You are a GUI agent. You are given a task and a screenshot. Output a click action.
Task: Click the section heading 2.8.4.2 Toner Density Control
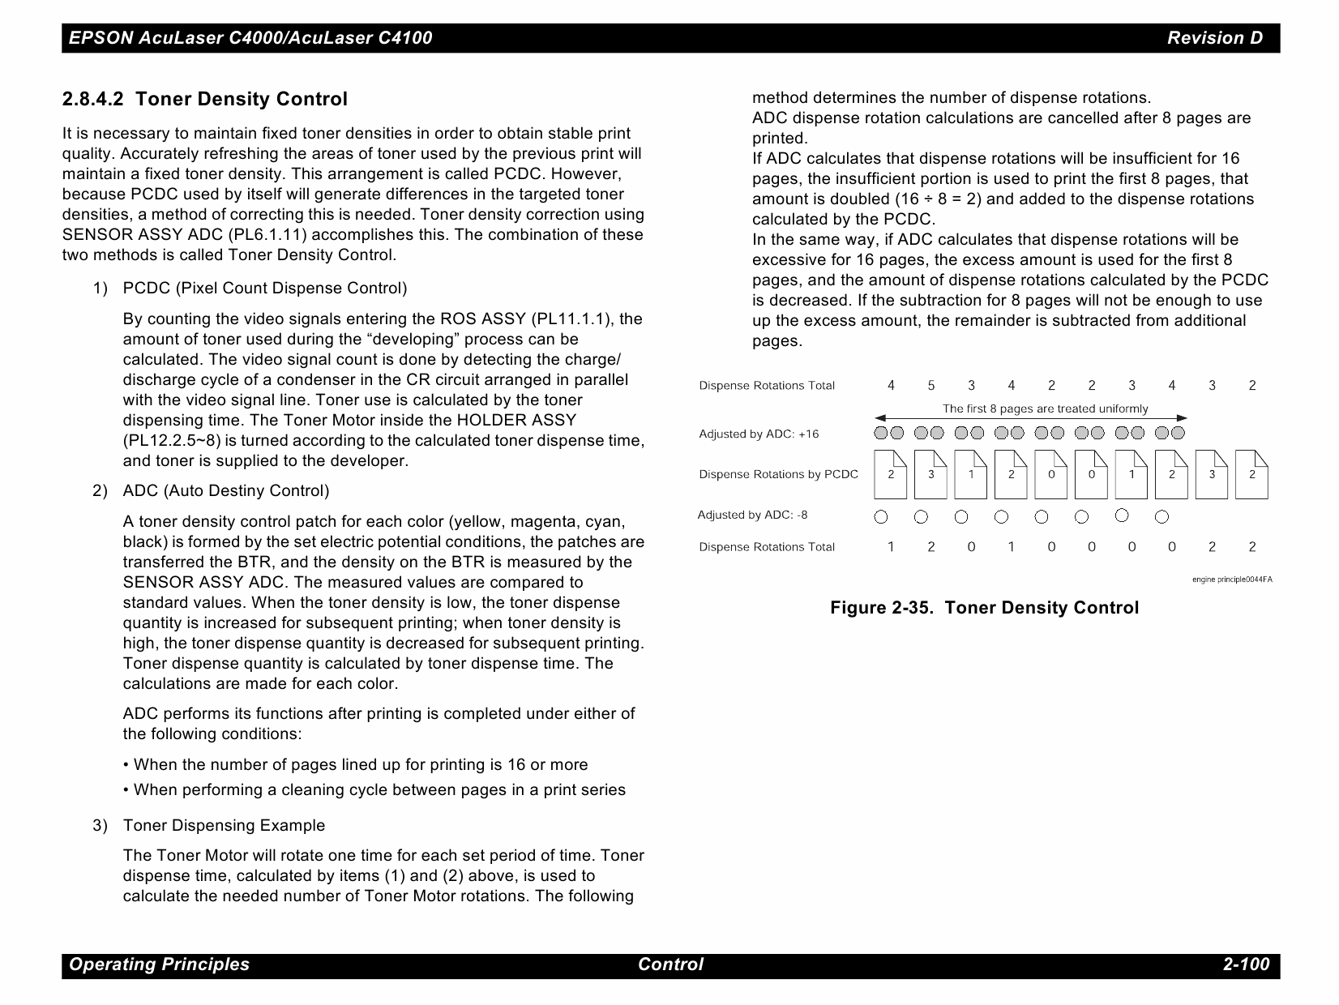[x=205, y=99]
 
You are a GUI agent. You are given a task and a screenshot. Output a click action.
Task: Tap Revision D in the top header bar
[x=1214, y=38]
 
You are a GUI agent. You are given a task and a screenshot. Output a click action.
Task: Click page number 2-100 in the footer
[x=1246, y=964]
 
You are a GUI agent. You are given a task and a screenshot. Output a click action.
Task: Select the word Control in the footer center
[x=670, y=964]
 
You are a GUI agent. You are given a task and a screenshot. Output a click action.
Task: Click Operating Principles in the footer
[x=159, y=964]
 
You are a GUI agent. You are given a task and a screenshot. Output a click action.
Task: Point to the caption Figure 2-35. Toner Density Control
[x=984, y=608]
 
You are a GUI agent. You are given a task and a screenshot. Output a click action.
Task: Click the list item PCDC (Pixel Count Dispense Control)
[x=264, y=289]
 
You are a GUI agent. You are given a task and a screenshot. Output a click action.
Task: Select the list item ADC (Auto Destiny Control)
[x=225, y=491]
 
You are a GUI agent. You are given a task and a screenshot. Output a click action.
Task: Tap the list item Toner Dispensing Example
[x=224, y=826]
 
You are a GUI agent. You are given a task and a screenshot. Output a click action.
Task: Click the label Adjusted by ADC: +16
[x=759, y=434]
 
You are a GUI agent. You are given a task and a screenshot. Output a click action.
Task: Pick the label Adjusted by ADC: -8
[x=752, y=515]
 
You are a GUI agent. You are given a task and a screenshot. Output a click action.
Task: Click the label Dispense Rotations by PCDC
[x=778, y=475]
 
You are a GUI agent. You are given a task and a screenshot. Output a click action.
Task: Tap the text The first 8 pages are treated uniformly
[x=1045, y=408]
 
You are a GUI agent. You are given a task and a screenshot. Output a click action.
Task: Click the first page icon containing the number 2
[x=890, y=475]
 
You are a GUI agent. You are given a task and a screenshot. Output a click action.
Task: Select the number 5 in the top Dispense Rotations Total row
[x=930, y=386]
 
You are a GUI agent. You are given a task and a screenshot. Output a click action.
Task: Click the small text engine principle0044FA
[x=1231, y=579]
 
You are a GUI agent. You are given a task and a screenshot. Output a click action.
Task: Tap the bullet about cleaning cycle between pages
[x=379, y=790]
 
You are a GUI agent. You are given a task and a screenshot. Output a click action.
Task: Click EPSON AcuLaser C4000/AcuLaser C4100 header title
[x=250, y=38]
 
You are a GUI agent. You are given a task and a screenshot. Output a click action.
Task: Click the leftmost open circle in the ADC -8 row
[x=881, y=516]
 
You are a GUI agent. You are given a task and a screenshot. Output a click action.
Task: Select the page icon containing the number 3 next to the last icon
[x=1211, y=475]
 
